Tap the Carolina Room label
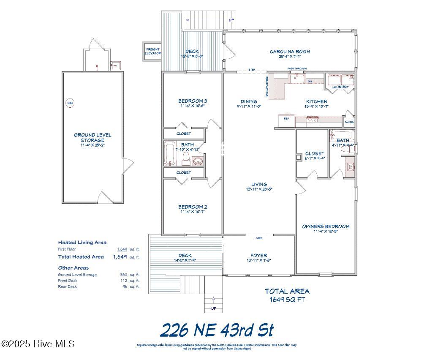[290, 52]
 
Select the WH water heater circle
[69, 103]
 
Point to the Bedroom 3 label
[192, 101]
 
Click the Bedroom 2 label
[192, 207]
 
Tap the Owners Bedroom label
[325, 226]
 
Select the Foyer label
[258, 255]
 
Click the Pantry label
[349, 123]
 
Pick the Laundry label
[340, 87]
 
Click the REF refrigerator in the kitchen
[286, 119]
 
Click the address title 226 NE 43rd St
[217, 330]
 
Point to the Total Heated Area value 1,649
[120, 256]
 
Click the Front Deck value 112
[124, 281]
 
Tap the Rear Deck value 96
[125, 286]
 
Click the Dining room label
[249, 101]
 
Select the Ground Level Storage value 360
[124, 275]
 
